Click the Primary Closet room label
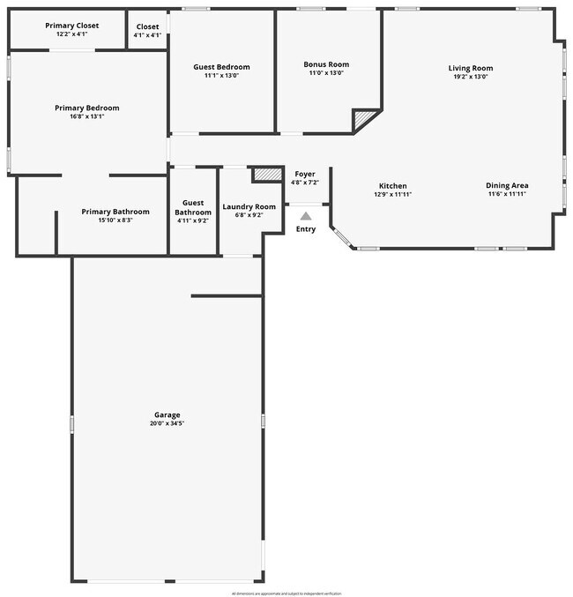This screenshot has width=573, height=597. [x=71, y=26]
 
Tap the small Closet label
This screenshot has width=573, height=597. [x=147, y=26]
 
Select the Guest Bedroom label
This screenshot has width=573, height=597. [x=221, y=67]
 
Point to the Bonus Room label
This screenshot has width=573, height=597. [x=326, y=64]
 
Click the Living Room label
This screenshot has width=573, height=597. [x=470, y=68]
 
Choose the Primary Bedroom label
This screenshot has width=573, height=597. [x=86, y=108]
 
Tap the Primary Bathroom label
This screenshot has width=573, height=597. [x=115, y=212]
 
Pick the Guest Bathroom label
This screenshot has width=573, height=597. [x=193, y=207]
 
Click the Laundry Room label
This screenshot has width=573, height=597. [x=249, y=206]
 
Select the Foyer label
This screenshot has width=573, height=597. [x=304, y=174]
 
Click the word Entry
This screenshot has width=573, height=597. [x=305, y=229]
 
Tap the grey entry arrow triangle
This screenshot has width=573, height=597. [x=305, y=215]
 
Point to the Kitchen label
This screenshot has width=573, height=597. [x=393, y=186]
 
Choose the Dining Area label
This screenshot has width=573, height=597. [x=507, y=185]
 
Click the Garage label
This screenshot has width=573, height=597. [x=167, y=414]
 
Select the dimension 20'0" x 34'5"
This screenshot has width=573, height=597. [x=167, y=423]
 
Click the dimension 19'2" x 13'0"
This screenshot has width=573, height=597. [x=470, y=77]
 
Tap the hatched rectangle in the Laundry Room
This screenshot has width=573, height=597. [x=265, y=174]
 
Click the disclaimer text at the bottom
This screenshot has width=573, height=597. [x=286, y=593]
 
